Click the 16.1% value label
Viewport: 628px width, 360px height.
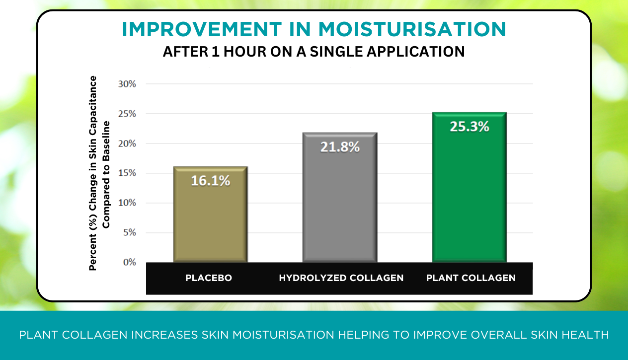pos(211,181)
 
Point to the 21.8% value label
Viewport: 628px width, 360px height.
pos(340,147)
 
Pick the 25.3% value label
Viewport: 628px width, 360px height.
pos(470,127)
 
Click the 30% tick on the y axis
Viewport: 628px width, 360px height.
pos(127,84)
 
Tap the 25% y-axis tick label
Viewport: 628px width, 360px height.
pos(127,114)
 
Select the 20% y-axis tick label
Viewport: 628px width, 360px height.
pos(127,144)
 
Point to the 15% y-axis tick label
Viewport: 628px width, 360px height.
pos(127,173)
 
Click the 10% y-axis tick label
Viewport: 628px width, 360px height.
pos(127,203)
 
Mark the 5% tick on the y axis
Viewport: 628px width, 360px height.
pos(129,232)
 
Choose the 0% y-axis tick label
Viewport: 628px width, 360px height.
pos(129,262)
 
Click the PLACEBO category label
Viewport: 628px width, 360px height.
pos(209,278)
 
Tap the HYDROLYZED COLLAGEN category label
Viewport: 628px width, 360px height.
pos(341,278)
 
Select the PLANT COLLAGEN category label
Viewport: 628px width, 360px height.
pos(471,278)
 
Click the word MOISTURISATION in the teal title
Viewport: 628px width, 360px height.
pos(412,30)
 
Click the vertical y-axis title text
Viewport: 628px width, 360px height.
pos(99,173)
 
